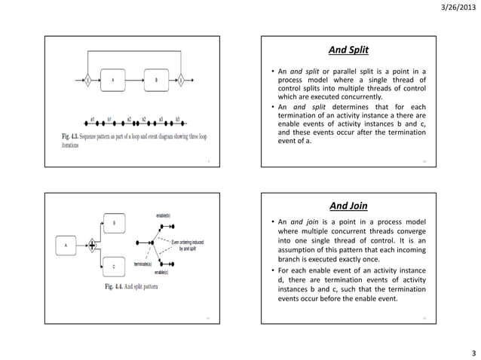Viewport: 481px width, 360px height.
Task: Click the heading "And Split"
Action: (x=348, y=50)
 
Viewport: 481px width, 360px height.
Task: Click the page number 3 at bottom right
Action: (x=473, y=352)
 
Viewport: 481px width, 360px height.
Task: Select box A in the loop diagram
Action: (x=113, y=79)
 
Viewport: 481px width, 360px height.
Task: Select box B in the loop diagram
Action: (x=157, y=79)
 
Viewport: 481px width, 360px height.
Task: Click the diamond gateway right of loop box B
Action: (x=181, y=79)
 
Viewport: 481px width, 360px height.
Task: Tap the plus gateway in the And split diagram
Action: (x=93, y=244)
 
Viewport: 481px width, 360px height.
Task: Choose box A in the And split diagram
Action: (x=65, y=245)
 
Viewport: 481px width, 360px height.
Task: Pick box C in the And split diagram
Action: (x=113, y=266)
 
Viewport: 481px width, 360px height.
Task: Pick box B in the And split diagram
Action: (x=113, y=223)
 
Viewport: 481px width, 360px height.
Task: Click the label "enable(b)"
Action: (x=162, y=216)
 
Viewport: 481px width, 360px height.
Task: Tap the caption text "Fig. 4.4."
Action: (x=117, y=286)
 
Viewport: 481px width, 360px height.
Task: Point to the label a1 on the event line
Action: (x=91, y=119)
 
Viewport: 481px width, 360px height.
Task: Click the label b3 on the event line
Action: (x=177, y=119)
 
